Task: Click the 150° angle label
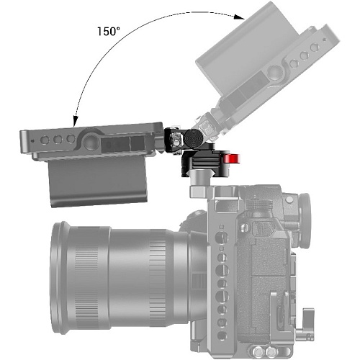(x=109, y=32)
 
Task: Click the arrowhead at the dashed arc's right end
(x=239, y=17)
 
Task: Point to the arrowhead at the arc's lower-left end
(x=76, y=121)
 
